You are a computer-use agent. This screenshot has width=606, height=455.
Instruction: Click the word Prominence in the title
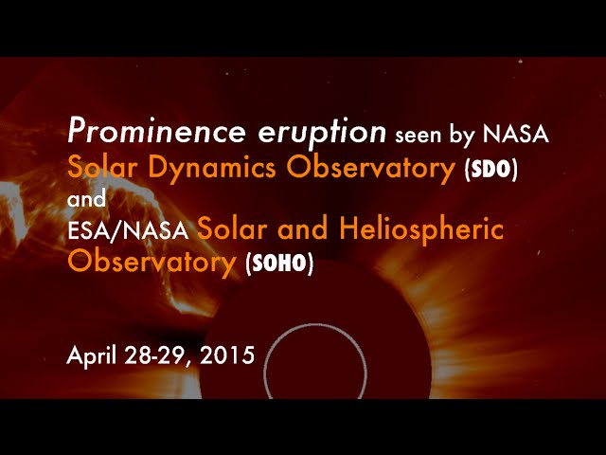point(156,131)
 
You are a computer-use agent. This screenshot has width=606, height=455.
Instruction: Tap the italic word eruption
point(322,133)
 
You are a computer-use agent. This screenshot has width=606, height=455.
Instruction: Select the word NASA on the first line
point(515,135)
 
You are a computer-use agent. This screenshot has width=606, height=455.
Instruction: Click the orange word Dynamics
point(212,169)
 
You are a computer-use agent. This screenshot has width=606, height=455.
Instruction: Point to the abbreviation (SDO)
point(491,171)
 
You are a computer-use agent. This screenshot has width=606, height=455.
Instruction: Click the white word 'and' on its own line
point(86,199)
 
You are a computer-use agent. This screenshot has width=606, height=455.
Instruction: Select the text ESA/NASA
point(128,230)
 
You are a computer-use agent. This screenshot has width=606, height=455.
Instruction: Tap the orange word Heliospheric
point(421,229)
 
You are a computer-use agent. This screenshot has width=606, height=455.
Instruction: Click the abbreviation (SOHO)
point(279,264)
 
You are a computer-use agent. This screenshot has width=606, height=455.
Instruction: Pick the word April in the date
point(91,356)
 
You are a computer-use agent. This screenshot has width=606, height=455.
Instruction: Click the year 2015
point(227,355)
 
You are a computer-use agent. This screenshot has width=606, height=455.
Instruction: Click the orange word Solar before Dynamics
point(102,168)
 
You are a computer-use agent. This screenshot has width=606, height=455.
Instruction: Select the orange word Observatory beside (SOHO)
point(151,262)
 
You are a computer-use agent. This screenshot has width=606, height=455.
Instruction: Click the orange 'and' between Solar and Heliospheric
point(303,228)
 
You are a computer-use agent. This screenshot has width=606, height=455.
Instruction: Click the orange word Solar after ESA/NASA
point(232,228)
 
